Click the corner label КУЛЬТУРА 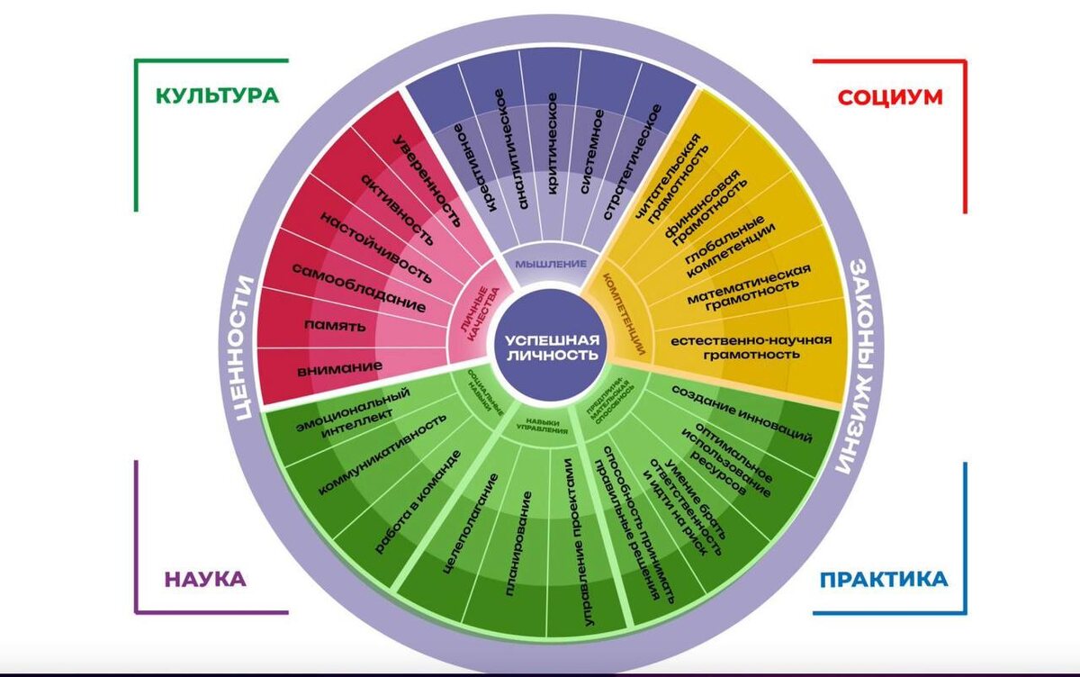(216, 95)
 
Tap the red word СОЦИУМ (890, 96)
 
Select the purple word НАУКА (205, 579)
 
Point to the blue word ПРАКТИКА (883, 579)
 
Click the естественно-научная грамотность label (734, 348)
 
